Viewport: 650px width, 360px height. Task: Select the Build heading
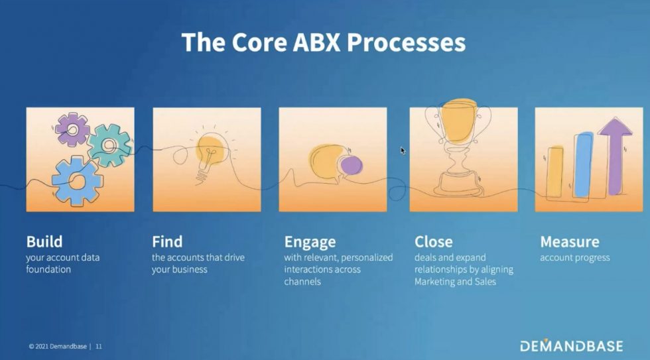(x=44, y=241)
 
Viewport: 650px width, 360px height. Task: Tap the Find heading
(x=167, y=241)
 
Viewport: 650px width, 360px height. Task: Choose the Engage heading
(x=310, y=243)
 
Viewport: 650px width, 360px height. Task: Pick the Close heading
(x=434, y=241)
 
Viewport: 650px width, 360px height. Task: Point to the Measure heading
(x=570, y=241)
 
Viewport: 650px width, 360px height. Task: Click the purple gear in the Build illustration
(x=72, y=130)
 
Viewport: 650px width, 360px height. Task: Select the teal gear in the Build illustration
(x=109, y=145)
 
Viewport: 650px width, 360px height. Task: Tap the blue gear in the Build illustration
(x=77, y=180)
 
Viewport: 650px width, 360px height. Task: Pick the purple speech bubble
(x=351, y=165)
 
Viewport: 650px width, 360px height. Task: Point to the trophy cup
(x=458, y=147)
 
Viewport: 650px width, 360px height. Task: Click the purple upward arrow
(x=616, y=156)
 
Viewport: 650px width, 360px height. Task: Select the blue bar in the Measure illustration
(x=583, y=165)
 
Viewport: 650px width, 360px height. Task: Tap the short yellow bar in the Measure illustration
(x=555, y=172)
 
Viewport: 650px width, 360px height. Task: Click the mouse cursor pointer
(x=403, y=150)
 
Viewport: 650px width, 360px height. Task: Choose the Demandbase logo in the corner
(x=571, y=346)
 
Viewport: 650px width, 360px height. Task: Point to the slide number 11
(x=99, y=346)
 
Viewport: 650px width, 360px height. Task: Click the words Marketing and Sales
(x=455, y=282)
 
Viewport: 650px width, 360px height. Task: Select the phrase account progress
(x=574, y=258)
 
